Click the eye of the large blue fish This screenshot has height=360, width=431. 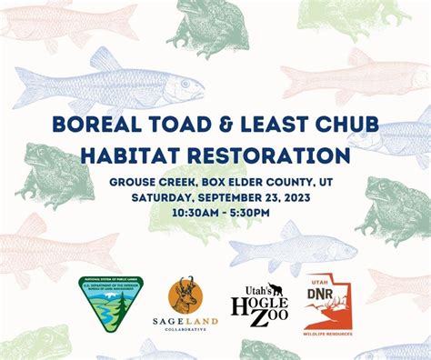point(186,85)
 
